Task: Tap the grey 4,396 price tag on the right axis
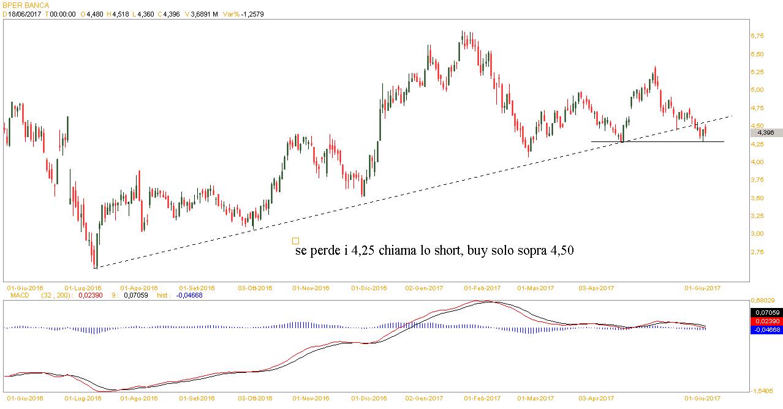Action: tap(766, 132)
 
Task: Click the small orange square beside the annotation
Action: tap(296, 241)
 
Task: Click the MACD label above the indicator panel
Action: tap(16, 295)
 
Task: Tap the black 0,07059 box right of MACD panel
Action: tap(765, 312)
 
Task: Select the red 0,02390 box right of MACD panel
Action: tap(765, 321)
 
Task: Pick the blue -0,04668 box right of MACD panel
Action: tap(765, 329)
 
